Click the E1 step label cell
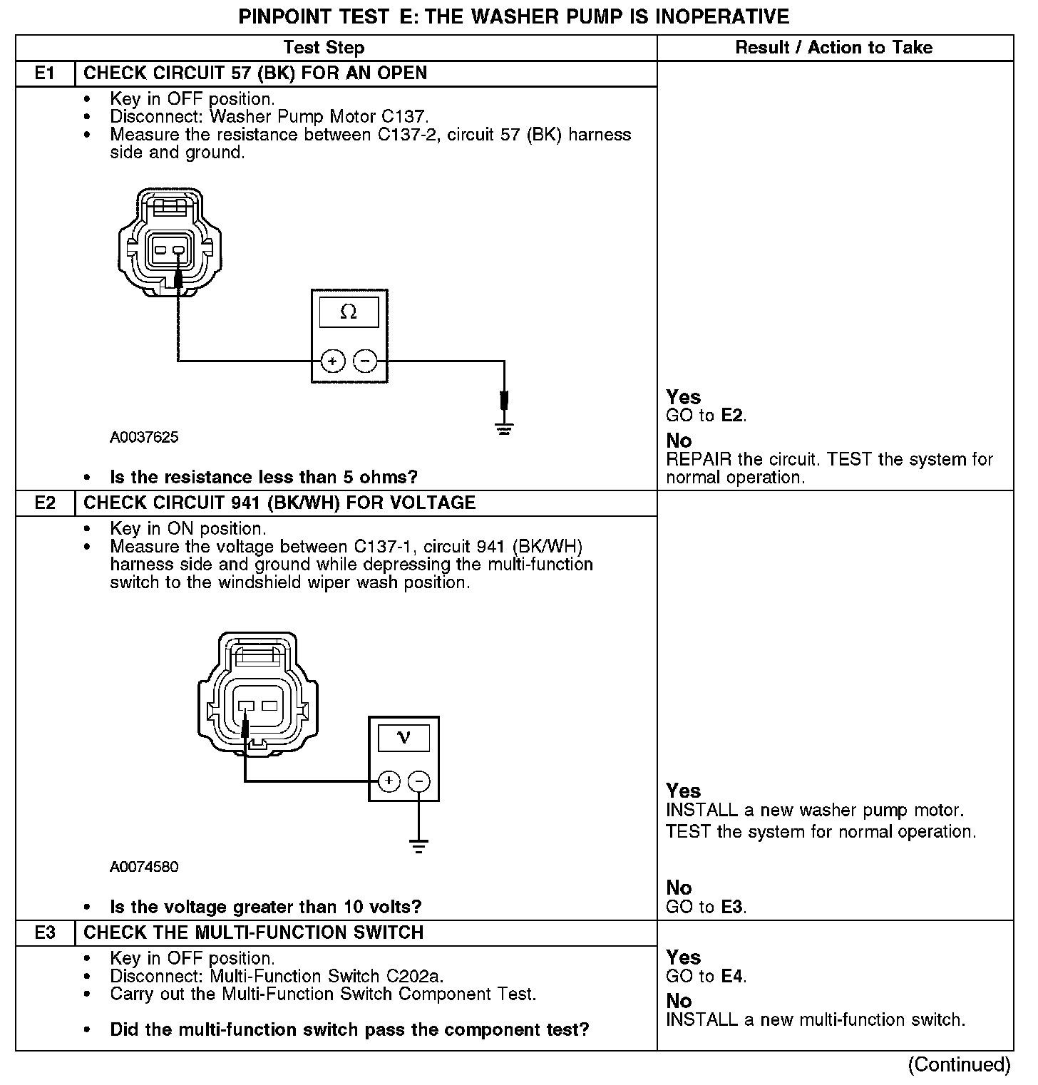tap(44, 73)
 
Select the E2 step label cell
tap(44, 503)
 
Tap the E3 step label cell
tap(44, 933)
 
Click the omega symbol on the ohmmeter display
tap(349, 312)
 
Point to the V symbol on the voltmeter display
tap(404, 737)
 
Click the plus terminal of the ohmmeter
tap(332, 361)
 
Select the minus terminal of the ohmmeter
tap(365, 361)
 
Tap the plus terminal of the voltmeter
tap(389, 781)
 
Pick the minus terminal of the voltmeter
tap(419, 781)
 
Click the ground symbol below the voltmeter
tap(418, 846)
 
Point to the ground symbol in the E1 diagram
tap(504, 428)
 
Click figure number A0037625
tap(144, 438)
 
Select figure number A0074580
tap(144, 868)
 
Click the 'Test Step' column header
tap(324, 48)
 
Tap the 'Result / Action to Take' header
tap(834, 48)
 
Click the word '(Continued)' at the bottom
tap(959, 1064)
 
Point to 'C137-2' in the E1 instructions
tap(406, 135)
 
